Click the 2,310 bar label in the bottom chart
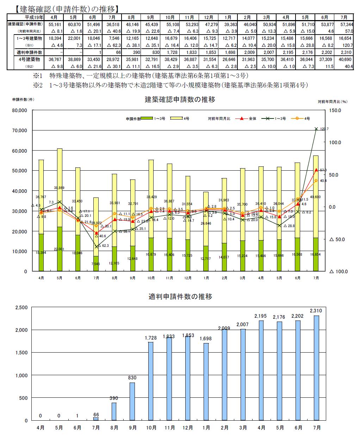coord(316,311)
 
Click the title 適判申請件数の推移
coord(180,296)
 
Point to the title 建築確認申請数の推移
coord(180,99)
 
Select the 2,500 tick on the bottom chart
coord(21,307)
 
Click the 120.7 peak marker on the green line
coord(316,129)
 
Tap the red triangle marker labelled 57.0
coord(316,170)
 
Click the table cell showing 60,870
coord(74,24)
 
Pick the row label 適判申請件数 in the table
coord(25,52)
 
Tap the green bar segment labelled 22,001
coord(60,249)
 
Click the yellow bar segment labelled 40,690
coord(316,197)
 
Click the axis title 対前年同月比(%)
coord(333,101)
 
